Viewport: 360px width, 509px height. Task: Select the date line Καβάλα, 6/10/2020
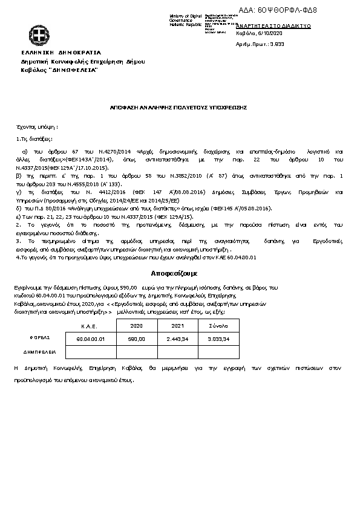click(x=259, y=35)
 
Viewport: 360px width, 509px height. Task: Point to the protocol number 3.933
click(x=277, y=44)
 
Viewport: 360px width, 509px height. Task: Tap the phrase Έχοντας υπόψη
click(x=36, y=128)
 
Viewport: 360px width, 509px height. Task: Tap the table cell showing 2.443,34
click(x=177, y=339)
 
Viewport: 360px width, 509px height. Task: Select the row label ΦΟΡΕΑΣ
click(x=40, y=338)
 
